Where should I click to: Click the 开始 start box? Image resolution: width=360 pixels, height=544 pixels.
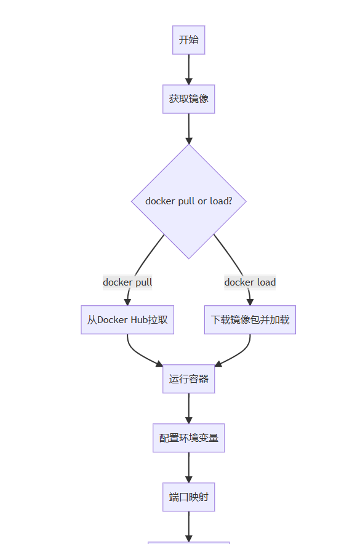click(x=189, y=40)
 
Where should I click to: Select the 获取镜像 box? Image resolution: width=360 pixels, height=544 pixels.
click(x=189, y=99)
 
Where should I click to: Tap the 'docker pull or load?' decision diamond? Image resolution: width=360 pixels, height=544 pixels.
click(x=189, y=201)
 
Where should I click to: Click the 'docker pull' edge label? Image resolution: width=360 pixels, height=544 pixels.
click(x=127, y=282)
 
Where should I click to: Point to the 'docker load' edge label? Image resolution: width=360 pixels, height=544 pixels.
click(x=250, y=282)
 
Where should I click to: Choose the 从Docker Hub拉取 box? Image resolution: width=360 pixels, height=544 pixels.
click(x=127, y=320)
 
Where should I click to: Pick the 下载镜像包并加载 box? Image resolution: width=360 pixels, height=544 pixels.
click(x=250, y=320)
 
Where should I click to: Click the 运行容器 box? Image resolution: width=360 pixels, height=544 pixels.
click(x=189, y=379)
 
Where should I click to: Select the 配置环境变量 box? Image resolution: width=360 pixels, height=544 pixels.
click(x=189, y=438)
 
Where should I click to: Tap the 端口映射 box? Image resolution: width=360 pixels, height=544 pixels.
click(x=189, y=497)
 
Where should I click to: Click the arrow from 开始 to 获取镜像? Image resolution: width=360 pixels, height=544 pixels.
click(x=189, y=70)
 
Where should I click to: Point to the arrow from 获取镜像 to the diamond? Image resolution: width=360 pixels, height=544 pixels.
click(x=189, y=129)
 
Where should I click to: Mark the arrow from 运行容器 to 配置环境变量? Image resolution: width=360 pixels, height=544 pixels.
click(x=189, y=409)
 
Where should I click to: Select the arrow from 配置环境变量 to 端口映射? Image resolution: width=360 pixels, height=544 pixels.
click(x=189, y=467)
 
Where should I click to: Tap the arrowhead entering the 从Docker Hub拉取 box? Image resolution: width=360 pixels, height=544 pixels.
click(x=127, y=302)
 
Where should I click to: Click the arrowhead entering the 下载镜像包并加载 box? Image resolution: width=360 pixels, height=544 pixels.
click(x=250, y=302)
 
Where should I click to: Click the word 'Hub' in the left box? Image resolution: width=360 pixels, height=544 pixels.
click(x=134, y=320)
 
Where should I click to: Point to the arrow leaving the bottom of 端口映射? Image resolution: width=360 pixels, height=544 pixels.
click(x=189, y=527)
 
